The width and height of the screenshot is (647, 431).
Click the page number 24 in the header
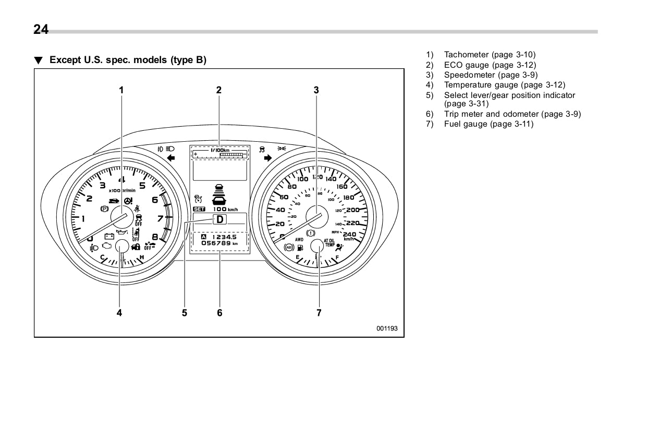click(x=41, y=30)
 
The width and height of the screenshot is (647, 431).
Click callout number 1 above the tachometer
click(x=121, y=90)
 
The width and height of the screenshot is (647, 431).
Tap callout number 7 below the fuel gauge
click(x=319, y=313)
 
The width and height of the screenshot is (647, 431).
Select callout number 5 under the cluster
click(x=185, y=313)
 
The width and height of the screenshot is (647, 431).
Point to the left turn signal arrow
click(x=170, y=157)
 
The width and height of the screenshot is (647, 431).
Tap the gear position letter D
click(x=220, y=219)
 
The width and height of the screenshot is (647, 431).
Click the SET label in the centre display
click(x=199, y=210)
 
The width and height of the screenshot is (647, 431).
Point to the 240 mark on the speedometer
click(x=349, y=234)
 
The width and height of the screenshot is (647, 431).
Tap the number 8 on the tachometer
click(x=155, y=236)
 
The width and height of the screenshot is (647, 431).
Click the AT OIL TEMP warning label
click(x=329, y=243)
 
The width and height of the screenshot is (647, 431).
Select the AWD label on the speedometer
click(x=299, y=240)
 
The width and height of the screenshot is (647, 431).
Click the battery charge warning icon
click(x=109, y=236)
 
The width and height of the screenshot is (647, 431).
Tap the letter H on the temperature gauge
click(x=142, y=257)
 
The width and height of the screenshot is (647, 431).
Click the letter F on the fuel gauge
click(x=337, y=257)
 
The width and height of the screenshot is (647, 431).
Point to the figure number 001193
click(x=387, y=329)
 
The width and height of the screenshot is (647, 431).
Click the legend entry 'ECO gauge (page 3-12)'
click(x=490, y=65)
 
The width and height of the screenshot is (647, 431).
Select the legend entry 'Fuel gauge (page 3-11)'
click(x=489, y=124)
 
